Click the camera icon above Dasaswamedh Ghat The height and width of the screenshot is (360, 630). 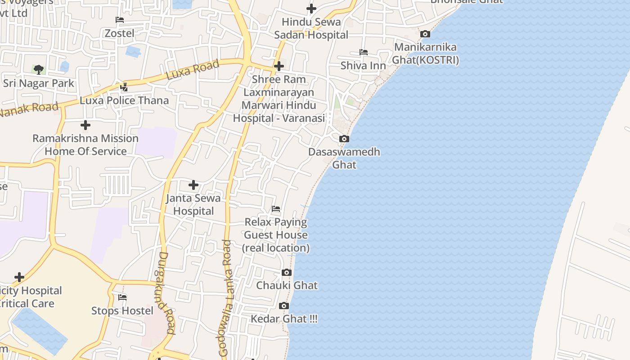click(344, 139)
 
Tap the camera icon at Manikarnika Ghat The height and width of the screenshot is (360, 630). click(425, 34)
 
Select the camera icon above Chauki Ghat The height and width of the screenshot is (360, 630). click(287, 272)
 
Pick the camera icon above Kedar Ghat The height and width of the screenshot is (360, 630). click(283, 306)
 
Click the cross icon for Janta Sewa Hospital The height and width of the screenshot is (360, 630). click(193, 184)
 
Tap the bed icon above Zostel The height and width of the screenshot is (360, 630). click(120, 20)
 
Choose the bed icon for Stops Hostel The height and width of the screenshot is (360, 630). click(122, 297)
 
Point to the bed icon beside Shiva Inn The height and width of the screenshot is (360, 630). click(364, 52)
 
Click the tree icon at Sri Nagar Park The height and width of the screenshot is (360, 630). click(39, 70)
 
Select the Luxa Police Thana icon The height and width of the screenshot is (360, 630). click(124, 87)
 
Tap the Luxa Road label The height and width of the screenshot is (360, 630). click(193, 70)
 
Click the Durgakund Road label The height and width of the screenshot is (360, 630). click(166, 292)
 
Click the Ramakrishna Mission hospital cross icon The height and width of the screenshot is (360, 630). click(85, 125)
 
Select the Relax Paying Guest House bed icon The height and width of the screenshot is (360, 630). click(276, 209)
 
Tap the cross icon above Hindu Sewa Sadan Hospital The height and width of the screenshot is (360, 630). click(311, 8)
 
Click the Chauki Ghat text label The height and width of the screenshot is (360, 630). click(287, 285)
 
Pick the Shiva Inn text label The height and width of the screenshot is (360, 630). click(363, 66)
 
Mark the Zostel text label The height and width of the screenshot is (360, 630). click(119, 33)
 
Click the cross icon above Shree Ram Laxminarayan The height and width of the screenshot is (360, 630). click(279, 66)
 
